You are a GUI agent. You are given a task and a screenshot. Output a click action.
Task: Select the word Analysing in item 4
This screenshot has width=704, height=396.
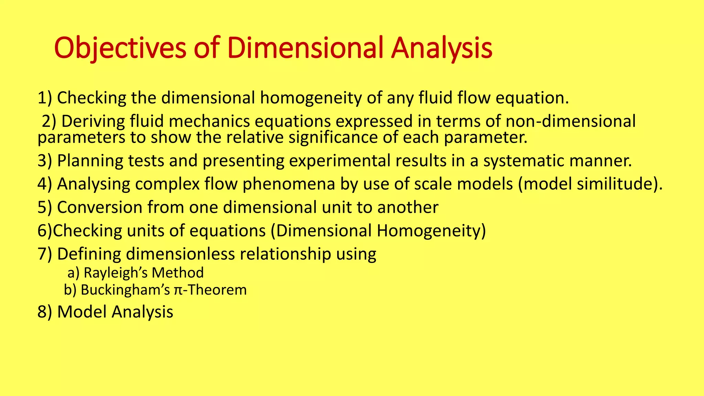pyautogui.click(x=93, y=184)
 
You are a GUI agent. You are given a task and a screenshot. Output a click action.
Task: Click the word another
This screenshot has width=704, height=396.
pyautogui.click(x=408, y=207)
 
